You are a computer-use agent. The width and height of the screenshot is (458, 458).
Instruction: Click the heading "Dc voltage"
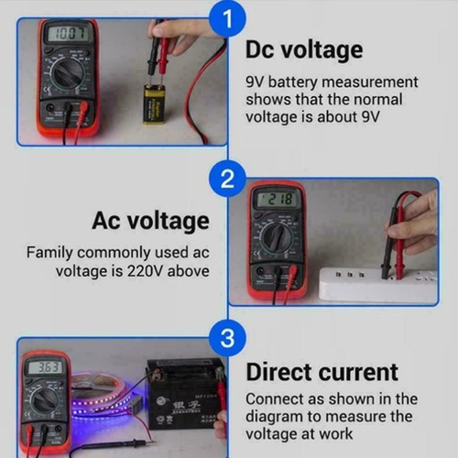coord(304,49)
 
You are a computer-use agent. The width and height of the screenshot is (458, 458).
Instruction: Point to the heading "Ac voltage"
coord(150,221)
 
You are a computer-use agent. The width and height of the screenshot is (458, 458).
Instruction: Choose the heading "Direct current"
coord(322,372)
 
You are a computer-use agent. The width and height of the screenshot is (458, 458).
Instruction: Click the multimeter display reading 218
coord(278,199)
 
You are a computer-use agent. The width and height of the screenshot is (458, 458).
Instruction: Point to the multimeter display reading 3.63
coord(45,367)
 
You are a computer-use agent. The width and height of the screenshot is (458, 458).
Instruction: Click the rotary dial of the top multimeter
coord(68,73)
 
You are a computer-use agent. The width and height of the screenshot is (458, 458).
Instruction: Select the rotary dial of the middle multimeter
coord(276,237)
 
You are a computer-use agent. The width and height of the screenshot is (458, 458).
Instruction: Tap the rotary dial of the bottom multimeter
coord(44,400)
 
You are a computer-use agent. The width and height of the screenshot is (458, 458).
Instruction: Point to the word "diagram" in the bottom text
coord(274,418)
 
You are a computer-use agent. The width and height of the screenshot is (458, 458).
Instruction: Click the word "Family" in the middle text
coord(51,251)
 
